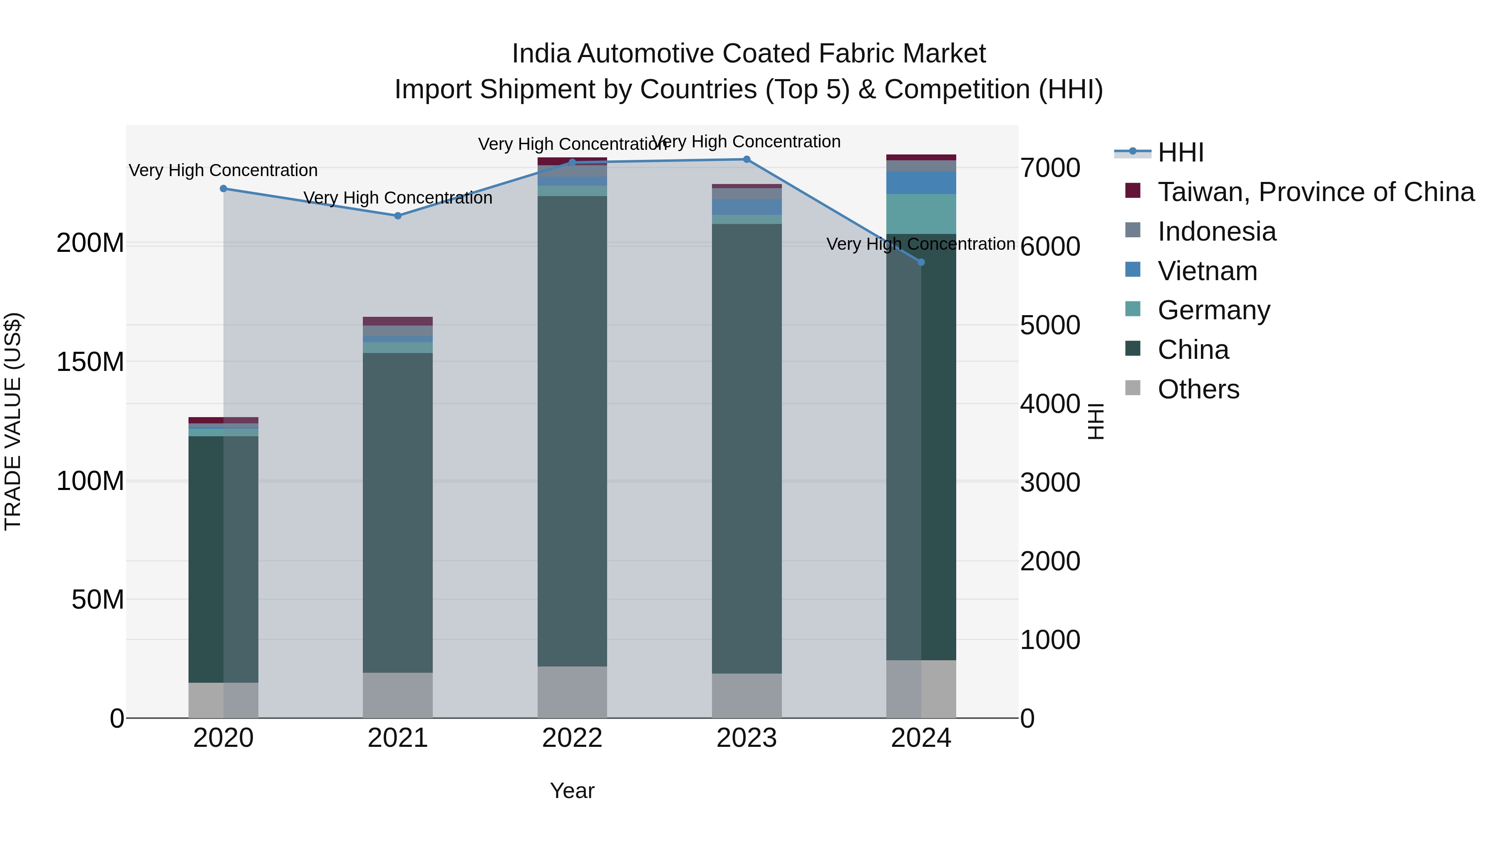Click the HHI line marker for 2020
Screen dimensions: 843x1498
(x=223, y=189)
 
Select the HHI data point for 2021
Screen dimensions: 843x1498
(x=398, y=216)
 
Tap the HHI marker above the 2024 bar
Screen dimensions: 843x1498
(x=921, y=262)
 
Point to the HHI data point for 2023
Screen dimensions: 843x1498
(x=747, y=159)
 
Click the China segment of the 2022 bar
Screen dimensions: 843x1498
(x=572, y=430)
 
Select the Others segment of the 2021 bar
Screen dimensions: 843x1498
(x=398, y=695)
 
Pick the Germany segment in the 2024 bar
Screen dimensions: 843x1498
(x=921, y=214)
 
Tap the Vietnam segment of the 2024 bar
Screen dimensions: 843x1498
(x=921, y=183)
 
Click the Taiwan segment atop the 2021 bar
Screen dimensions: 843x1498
(x=398, y=321)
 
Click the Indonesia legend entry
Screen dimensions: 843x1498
(x=1217, y=231)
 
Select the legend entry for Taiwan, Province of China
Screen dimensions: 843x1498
(x=1315, y=192)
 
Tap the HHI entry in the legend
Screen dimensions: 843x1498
(x=1180, y=152)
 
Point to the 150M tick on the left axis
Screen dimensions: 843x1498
(x=90, y=362)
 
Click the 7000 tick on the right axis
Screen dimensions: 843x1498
(x=1050, y=168)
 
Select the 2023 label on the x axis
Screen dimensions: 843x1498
(x=747, y=738)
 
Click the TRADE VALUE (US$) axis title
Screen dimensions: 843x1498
(x=13, y=421)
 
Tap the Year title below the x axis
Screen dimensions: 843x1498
(x=572, y=791)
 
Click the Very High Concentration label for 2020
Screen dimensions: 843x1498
(x=223, y=170)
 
